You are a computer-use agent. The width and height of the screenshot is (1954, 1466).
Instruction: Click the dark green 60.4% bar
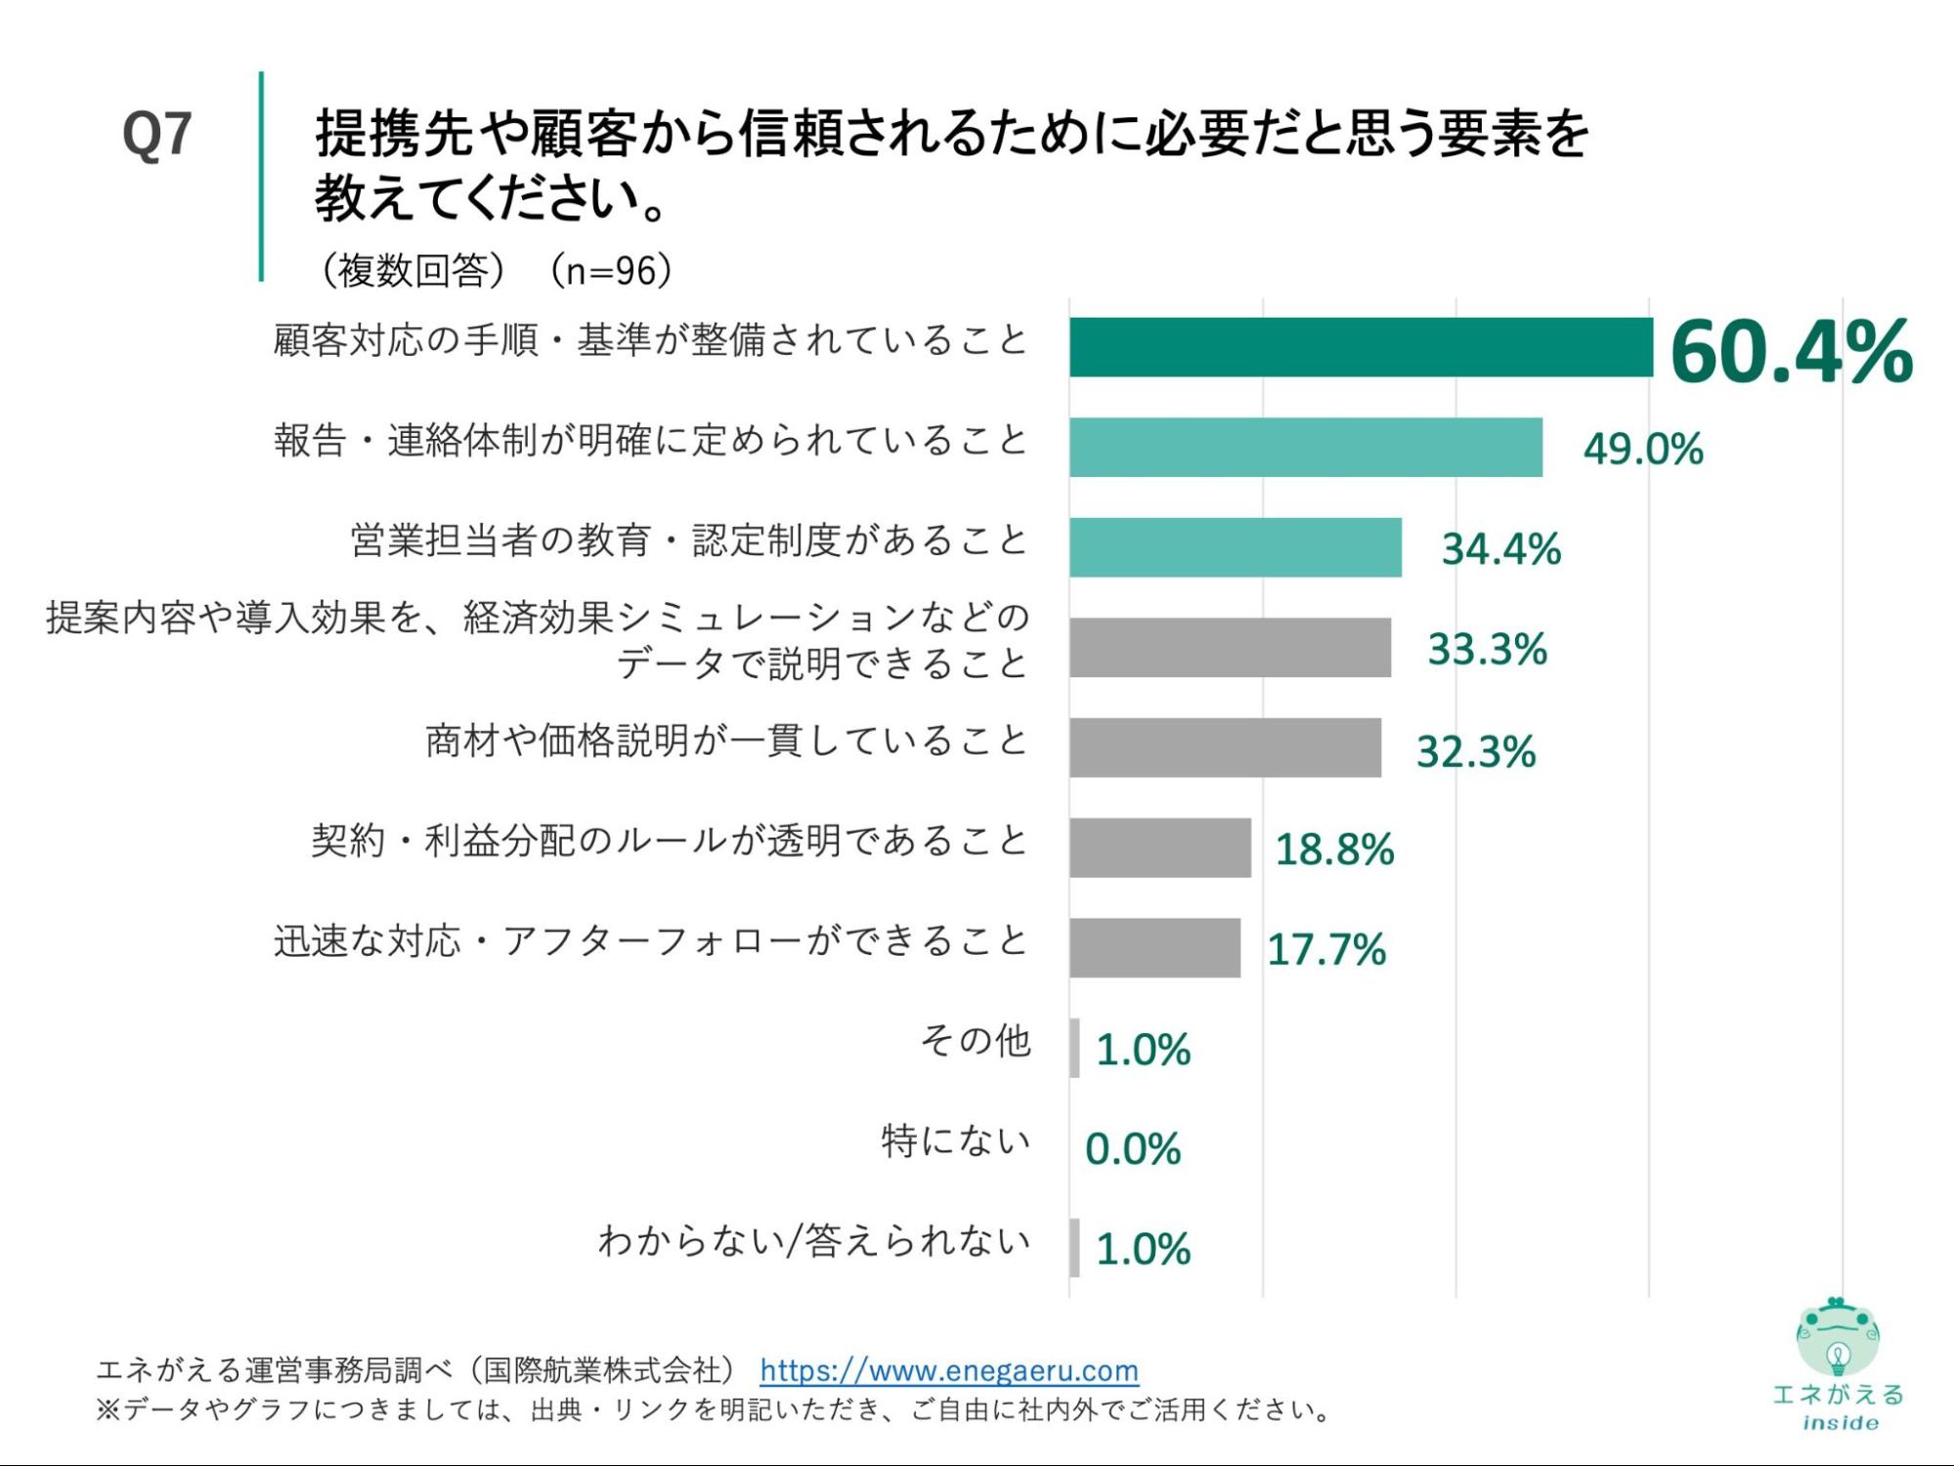click(1360, 347)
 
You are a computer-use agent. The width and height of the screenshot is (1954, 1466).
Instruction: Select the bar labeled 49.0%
click(1305, 448)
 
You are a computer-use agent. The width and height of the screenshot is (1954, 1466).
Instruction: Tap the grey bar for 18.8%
click(1159, 847)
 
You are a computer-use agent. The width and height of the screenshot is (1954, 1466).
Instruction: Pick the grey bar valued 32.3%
click(1225, 748)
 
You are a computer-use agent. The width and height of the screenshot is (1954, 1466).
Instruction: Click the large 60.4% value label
click(1791, 352)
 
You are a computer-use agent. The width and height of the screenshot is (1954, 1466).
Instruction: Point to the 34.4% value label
click(1500, 549)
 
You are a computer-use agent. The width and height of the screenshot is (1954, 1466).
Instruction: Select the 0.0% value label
click(1133, 1149)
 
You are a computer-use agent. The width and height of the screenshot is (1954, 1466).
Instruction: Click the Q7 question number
click(156, 134)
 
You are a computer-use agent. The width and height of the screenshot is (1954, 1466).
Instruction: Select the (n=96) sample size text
click(611, 271)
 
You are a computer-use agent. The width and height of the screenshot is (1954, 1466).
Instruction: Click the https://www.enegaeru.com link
click(948, 1370)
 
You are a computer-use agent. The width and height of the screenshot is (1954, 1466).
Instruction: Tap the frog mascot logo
click(1837, 1337)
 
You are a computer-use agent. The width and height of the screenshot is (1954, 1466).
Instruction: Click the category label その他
click(975, 1041)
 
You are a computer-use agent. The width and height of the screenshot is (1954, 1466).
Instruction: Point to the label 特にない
click(956, 1141)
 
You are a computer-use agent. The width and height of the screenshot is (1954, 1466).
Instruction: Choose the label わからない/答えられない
click(814, 1240)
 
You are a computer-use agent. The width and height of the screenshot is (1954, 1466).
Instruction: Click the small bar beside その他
click(1074, 1048)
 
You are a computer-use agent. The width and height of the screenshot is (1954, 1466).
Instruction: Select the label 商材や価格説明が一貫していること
click(726, 741)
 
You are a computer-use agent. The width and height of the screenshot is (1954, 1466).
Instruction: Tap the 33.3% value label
click(1487, 649)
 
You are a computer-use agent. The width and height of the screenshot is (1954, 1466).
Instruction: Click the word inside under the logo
click(1840, 1423)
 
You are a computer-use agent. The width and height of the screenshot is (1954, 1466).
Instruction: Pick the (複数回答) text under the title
click(414, 271)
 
